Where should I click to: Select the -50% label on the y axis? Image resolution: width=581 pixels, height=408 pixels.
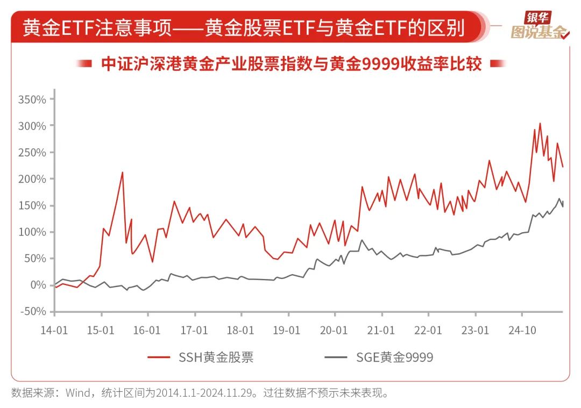coord(33,312)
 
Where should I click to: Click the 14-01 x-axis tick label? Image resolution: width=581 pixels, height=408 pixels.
coord(54,330)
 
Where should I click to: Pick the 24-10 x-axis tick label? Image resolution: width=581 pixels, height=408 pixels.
coord(522,330)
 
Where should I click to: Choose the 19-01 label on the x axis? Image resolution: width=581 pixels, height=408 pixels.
coord(287,330)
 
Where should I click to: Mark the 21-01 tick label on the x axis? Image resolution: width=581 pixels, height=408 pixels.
coord(381,330)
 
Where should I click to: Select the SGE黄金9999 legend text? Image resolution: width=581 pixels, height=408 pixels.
coord(394,357)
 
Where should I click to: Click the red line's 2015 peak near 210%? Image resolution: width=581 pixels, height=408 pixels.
coord(123,173)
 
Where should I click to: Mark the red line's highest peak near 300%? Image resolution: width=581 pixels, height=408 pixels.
coord(540,124)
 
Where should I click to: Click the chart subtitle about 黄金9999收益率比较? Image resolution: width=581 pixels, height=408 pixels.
coord(291,64)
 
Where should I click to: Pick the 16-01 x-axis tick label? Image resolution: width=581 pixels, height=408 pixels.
coord(146,330)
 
